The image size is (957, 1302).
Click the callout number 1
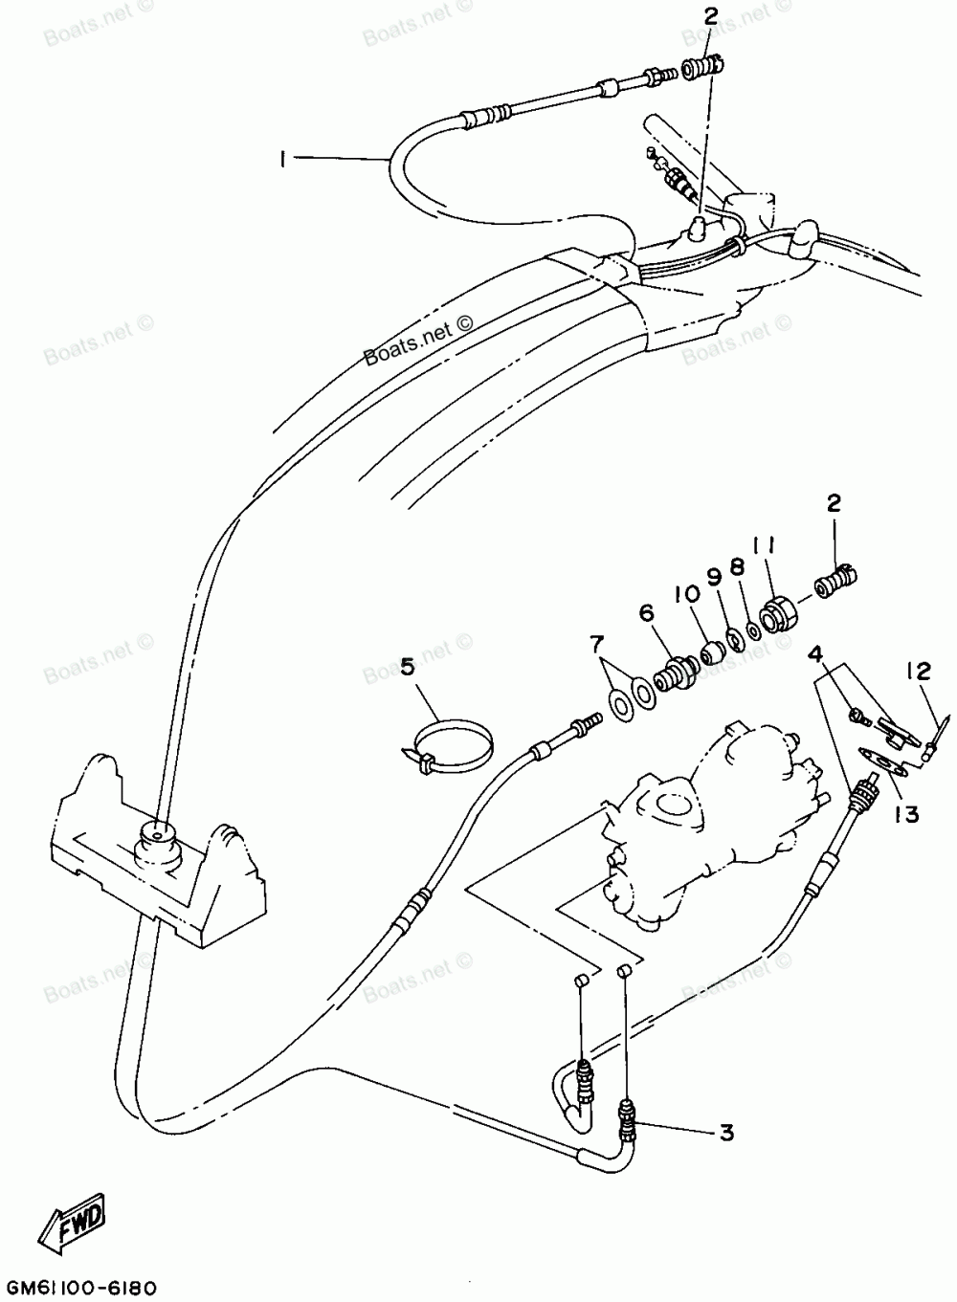(283, 162)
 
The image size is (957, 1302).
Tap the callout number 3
(726, 1134)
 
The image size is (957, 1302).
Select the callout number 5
(409, 667)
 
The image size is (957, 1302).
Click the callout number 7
(597, 640)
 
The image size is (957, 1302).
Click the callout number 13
(906, 814)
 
